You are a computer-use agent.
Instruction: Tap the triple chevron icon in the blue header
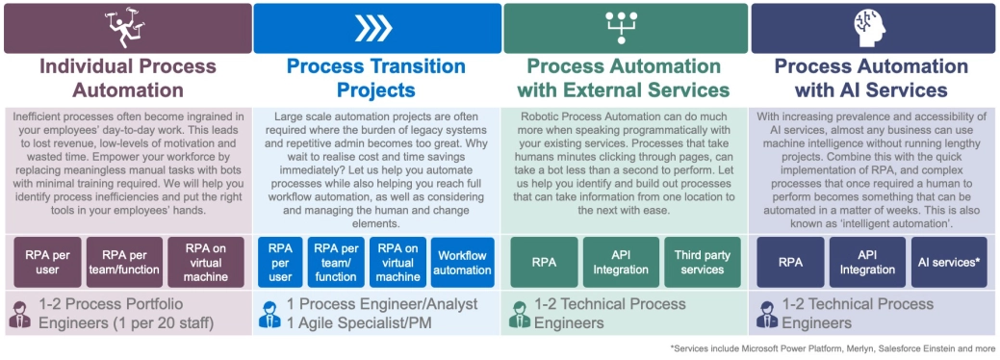click(373, 28)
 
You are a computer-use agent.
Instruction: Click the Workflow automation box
click(462, 263)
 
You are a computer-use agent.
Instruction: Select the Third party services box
click(703, 263)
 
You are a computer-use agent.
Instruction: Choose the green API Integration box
click(621, 263)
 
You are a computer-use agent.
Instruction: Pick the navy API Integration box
click(867, 263)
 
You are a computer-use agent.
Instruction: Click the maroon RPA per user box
click(47, 263)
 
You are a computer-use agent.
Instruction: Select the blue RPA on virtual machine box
click(397, 263)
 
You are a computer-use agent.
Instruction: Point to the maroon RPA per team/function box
click(124, 263)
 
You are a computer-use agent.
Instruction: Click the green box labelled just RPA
click(544, 263)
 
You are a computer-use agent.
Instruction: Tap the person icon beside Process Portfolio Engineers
click(20, 315)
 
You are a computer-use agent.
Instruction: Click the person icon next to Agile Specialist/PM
click(269, 315)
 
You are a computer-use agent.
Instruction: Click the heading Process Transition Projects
click(376, 78)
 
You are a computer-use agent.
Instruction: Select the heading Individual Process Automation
click(128, 78)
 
